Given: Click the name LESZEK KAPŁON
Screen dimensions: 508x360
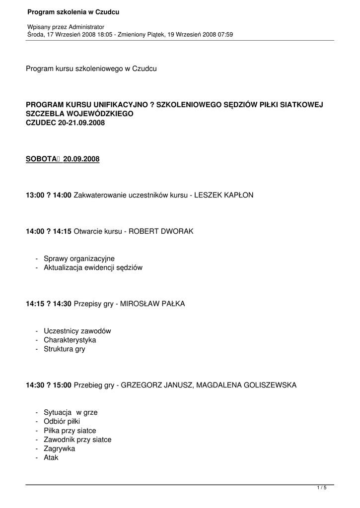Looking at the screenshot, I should coord(223,195).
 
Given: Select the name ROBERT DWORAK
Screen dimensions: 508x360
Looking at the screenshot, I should coord(161,231).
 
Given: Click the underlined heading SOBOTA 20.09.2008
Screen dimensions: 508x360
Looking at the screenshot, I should coord(63,159).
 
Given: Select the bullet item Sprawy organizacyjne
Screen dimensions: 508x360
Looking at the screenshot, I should coord(79,258).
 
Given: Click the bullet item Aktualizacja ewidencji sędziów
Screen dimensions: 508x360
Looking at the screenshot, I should coord(93,268).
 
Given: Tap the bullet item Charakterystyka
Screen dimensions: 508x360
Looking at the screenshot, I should coord(70,340).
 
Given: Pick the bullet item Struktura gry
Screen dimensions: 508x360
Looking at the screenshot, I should coord(64,349).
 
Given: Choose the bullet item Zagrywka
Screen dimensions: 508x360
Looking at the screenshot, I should coord(59,448).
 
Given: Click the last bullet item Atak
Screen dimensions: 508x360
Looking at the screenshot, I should coord(51,457).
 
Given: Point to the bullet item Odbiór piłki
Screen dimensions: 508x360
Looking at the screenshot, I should coord(62,422).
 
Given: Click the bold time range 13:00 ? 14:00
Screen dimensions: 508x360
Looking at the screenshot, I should coord(49,195).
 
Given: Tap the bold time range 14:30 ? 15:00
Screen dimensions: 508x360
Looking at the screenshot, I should coord(49,385).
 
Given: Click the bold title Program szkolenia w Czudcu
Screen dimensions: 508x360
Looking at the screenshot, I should coord(73,11).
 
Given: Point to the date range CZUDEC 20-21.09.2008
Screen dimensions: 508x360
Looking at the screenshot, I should coord(65,123).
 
